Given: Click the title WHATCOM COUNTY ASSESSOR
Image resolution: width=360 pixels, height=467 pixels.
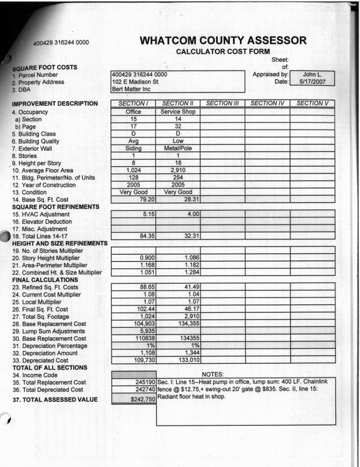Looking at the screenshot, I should (223, 41).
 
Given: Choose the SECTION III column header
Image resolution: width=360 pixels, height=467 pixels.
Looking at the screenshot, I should (222, 104).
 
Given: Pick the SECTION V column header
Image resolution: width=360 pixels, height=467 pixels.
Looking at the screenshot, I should (312, 104).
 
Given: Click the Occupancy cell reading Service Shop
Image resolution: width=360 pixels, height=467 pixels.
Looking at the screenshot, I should (178, 112).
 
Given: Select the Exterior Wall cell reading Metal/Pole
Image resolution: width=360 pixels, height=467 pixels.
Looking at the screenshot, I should (178, 148).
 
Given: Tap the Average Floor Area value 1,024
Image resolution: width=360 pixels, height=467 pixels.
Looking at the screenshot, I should (133, 170).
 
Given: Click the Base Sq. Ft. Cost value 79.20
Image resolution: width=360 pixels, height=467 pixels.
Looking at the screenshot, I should (146, 199).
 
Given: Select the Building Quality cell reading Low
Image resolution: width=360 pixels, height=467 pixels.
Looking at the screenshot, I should (178, 140).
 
